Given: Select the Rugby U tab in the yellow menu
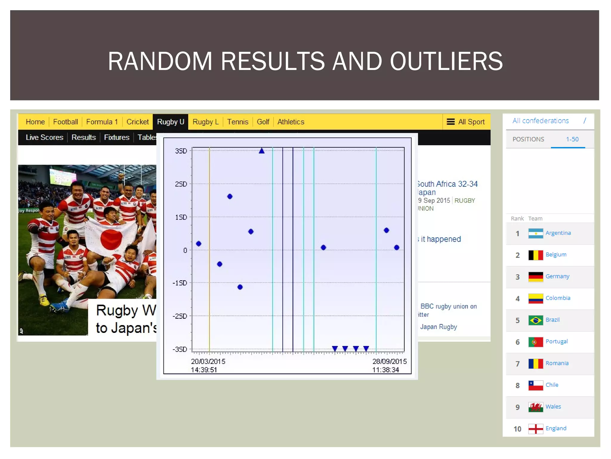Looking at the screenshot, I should [170, 122].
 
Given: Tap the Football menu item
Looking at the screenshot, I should [65, 122].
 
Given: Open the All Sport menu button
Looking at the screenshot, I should [466, 122].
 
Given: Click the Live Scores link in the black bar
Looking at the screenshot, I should [44, 137].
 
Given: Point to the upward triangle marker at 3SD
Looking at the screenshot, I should [262, 151].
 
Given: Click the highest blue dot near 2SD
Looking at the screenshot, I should [230, 196].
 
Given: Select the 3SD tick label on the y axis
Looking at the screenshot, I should [181, 151].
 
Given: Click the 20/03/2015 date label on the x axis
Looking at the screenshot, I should [208, 362].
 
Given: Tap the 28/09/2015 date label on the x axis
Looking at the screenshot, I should [389, 362].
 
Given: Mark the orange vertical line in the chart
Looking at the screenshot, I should [209, 248].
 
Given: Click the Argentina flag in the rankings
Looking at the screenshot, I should [536, 233].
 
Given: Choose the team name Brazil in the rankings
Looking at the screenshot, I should [553, 320].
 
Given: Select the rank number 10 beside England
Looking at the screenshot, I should [517, 429].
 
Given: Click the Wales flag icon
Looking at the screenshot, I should [536, 407].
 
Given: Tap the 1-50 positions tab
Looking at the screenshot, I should [572, 139].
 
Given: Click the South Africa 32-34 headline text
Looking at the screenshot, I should [448, 184].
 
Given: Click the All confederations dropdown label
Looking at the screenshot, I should [541, 121].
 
